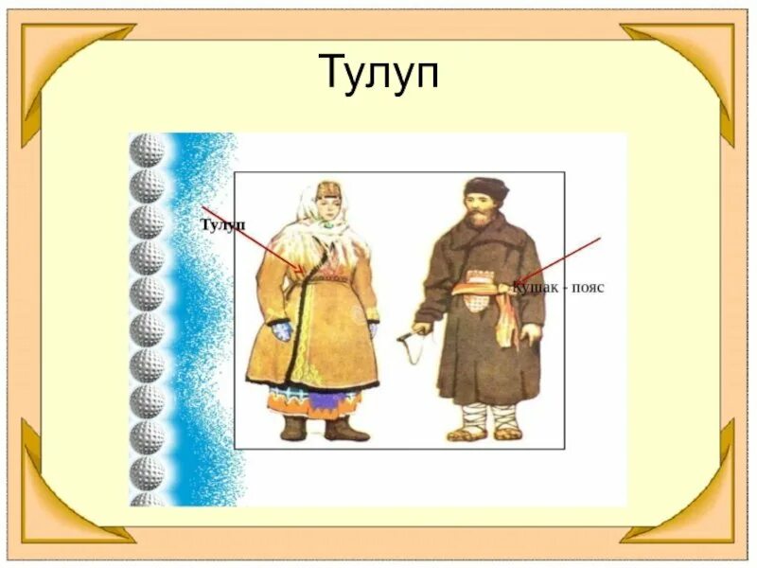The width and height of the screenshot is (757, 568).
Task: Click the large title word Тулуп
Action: pyautogui.click(x=379, y=72)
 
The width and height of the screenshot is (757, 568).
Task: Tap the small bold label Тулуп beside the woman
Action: pyautogui.click(x=223, y=224)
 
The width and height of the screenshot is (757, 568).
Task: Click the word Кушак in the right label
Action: pyautogui.click(x=533, y=286)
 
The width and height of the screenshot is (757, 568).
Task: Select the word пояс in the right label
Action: pyautogui.click(x=585, y=286)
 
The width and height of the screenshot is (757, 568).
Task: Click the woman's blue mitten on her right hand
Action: pyautogui.click(x=282, y=331)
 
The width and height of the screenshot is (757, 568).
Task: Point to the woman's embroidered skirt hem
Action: pyautogui.click(x=314, y=399)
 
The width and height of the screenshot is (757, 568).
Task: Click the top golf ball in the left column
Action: pyautogui.click(x=147, y=151)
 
